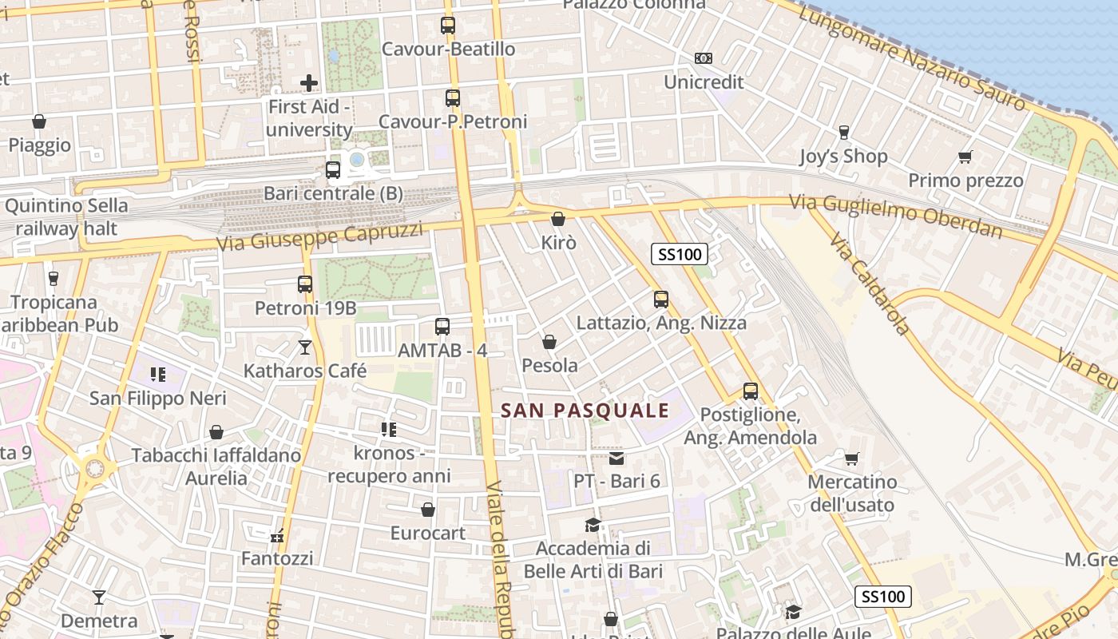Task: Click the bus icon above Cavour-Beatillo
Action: tap(448, 26)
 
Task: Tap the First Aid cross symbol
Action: tap(309, 82)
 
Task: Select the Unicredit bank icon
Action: tap(704, 58)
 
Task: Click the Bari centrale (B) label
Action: tap(334, 194)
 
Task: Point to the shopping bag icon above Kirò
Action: tap(558, 218)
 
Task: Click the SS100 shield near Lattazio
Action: tap(680, 255)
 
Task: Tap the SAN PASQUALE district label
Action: tap(585, 411)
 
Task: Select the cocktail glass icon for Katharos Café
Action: tap(304, 347)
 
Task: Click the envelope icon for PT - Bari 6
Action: tap(616, 458)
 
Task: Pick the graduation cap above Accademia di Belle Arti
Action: tap(593, 525)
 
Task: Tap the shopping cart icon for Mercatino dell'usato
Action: tap(852, 458)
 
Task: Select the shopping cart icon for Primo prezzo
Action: tap(965, 157)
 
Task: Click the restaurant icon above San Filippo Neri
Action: tap(158, 374)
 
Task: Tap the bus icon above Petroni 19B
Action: tap(305, 284)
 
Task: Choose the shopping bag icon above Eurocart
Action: tap(428, 509)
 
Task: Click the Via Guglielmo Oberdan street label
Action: tap(895, 216)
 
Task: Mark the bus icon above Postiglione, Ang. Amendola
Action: tap(751, 391)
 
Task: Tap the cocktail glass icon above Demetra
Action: tap(99, 597)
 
